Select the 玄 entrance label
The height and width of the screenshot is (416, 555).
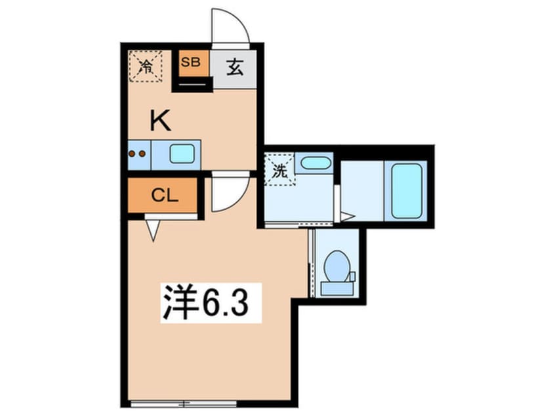(234, 67)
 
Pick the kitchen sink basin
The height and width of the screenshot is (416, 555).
(182, 154)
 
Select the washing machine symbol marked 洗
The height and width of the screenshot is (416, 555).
(279, 171)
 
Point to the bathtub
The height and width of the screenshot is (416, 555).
(406, 191)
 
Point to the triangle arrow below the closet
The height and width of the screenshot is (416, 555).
(154, 230)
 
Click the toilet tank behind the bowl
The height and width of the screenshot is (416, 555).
(337, 286)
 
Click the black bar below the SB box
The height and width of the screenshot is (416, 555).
(192, 84)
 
